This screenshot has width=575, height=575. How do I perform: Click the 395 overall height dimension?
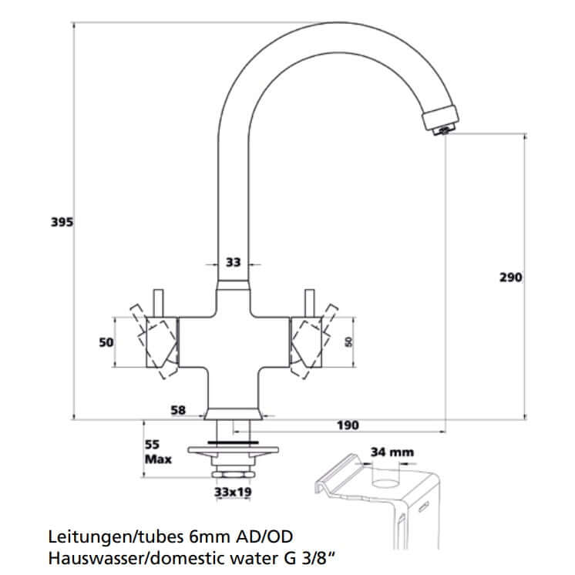[62, 223]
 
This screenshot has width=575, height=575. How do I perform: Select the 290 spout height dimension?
[511, 277]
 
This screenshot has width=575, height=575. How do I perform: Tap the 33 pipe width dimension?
[233, 263]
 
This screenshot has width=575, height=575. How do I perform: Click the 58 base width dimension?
[178, 411]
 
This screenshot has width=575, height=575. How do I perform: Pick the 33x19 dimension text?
[234, 490]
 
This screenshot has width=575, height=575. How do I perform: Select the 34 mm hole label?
[392, 452]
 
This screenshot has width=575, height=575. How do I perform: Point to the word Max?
[158, 459]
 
